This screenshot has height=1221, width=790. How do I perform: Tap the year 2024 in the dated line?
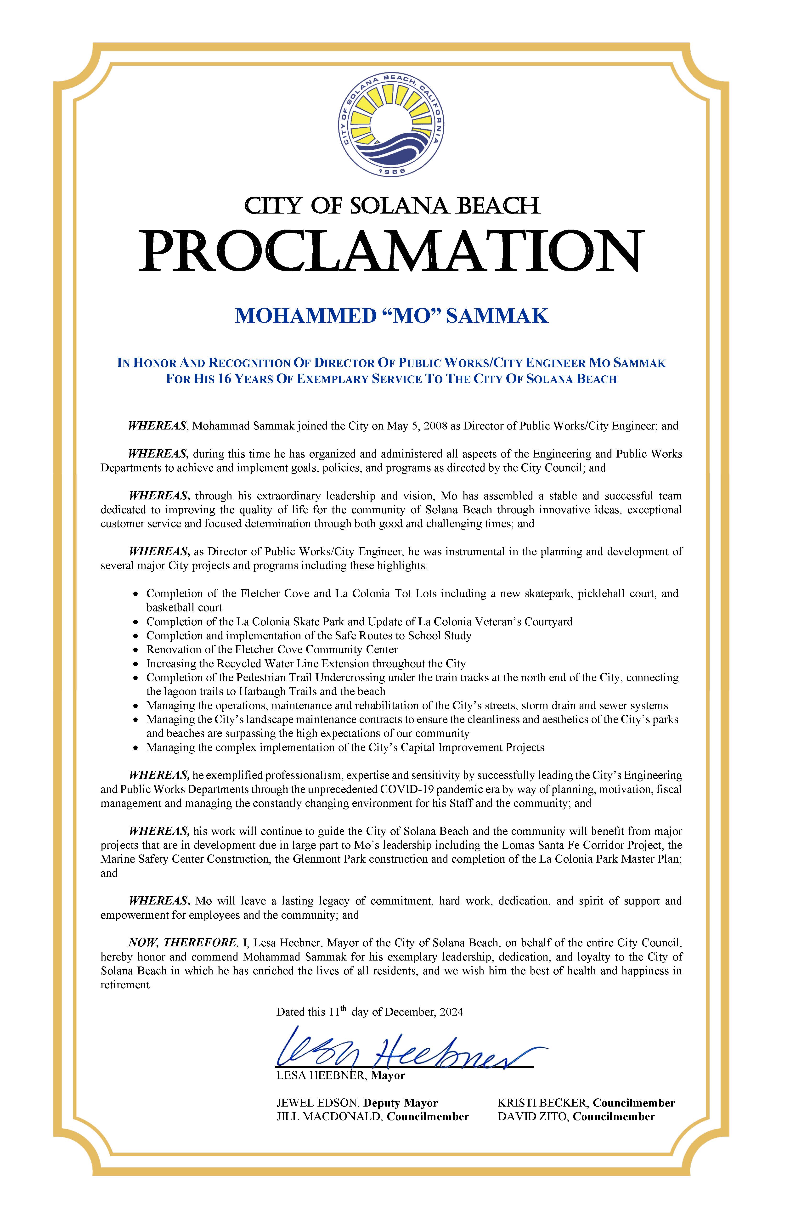(x=451, y=1012)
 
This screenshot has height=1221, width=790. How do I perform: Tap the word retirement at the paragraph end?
(x=126, y=985)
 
